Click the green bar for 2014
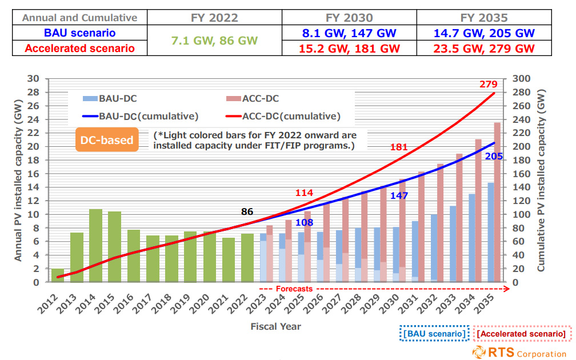pos(96,245)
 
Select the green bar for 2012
pos(58,275)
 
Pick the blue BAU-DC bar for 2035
pos(490,232)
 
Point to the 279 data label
pos(488,85)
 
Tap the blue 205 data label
pos(494,155)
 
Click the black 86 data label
pos(247,211)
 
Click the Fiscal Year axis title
pos(275,326)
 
